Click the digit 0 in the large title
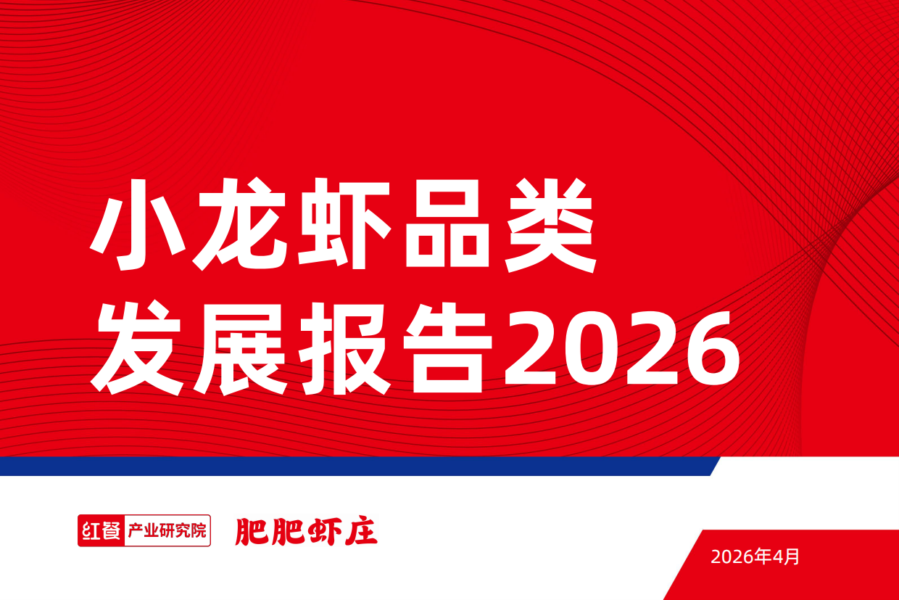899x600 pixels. tap(592, 348)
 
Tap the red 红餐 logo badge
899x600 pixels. tap(101, 530)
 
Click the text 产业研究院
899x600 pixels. tap(167, 530)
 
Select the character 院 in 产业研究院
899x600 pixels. tap(199, 530)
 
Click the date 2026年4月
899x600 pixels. tap(755, 557)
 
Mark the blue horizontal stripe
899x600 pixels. tap(355, 466)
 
